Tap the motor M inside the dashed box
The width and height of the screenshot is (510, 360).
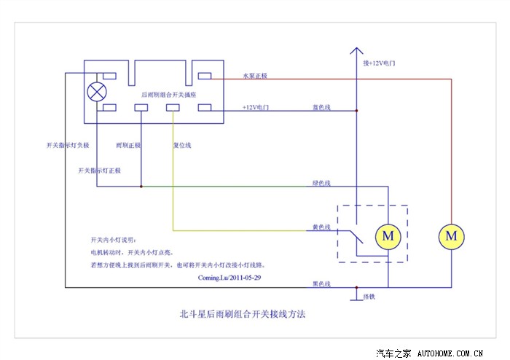pos(388,235)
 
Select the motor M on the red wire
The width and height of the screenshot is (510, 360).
pos(451,235)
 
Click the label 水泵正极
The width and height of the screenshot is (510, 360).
pos(255,76)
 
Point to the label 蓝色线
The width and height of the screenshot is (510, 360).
pos(321,107)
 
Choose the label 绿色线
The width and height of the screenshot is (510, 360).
pos(321,183)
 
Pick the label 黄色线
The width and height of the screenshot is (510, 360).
pos(321,227)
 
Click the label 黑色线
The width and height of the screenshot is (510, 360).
pos(321,283)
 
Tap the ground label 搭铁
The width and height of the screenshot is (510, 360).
pos(369,297)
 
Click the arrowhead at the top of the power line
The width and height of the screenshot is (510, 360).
pos(356,52)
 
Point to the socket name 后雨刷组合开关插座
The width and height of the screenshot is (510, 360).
pos(167,95)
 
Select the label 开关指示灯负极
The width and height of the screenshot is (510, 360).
pos(67,145)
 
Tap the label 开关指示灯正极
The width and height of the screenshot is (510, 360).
pos(99,170)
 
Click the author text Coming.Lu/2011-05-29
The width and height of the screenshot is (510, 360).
pos(229,278)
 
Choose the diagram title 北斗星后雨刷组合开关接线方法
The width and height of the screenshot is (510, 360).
pos(243,316)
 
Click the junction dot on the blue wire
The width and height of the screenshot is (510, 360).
pos(356,111)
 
